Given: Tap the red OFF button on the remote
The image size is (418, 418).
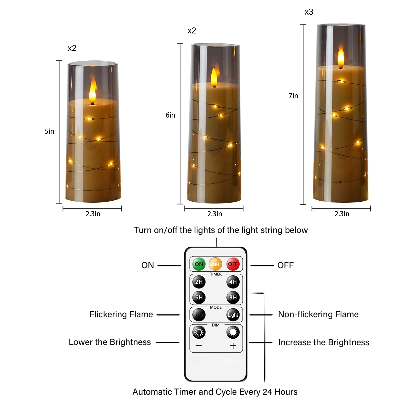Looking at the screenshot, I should [x=233, y=264].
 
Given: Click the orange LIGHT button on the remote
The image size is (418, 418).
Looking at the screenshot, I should [x=215, y=264].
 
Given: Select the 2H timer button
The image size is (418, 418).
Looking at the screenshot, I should [x=199, y=282].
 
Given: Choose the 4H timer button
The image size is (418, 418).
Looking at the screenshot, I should [x=233, y=282].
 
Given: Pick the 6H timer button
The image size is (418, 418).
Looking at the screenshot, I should [x=199, y=297].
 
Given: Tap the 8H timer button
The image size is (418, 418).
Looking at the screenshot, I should [x=233, y=297].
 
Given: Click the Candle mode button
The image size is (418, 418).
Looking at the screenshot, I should [x=199, y=315].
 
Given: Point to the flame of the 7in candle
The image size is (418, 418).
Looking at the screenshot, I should [x=341, y=58].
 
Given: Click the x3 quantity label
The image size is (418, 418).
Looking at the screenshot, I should [x=309, y=12].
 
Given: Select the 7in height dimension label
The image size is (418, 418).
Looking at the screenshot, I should [x=293, y=96].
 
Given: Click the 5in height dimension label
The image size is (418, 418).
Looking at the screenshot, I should [x=49, y=131].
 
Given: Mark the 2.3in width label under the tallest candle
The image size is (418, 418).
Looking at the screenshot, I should [x=342, y=214].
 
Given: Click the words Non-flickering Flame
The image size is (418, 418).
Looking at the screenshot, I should [x=318, y=314].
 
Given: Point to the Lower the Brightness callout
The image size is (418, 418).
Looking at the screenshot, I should [x=110, y=342].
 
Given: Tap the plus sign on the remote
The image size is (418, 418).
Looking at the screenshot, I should [x=233, y=346].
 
